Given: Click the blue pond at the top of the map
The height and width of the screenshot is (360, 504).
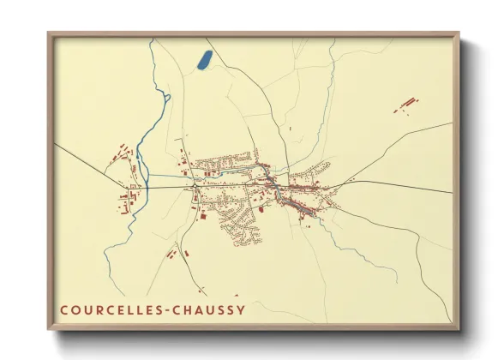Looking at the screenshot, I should (205, 59).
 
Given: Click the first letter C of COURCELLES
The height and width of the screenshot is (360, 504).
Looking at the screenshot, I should (65, 309).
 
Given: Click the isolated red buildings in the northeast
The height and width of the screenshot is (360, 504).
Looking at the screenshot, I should (406, 105).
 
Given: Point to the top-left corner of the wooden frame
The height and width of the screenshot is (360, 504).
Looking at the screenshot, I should (49, 34).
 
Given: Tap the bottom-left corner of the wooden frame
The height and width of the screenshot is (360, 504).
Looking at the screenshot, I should (49, 328).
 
